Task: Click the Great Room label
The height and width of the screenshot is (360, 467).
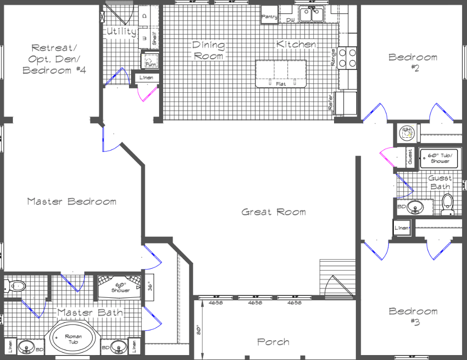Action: tap(273, 212)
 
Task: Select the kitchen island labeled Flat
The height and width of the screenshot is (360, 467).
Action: tap(281, 74)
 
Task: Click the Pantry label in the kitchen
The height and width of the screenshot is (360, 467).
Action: tap(269, 17)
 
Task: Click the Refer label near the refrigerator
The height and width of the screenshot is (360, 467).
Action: tap(331, 104)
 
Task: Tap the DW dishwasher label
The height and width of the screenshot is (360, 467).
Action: tap(290, 20)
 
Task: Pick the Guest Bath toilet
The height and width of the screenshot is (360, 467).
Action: tap(447, 204)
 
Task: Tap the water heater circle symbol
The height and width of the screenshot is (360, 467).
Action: tap(406, 132)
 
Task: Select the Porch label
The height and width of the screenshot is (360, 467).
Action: tap(273, 342)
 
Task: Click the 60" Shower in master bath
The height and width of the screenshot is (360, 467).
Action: tap(120, 287)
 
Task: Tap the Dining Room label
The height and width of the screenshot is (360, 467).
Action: tap(208, 50)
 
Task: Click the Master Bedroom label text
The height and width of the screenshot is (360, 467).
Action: tap(72, 201)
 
